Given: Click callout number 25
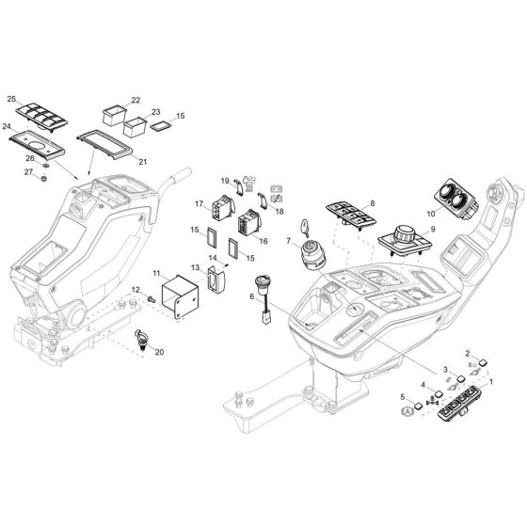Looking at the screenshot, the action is pyautogui.click(x=11, y=99).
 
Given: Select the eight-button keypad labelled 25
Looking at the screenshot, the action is pyautogui.click(x=41, y=117).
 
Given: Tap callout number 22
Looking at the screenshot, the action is pyautogui.click(x=136, y=100).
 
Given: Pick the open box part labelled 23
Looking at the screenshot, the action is pyautogui.click(x=135, y=126).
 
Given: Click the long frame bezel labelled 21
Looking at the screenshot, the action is pyautogui.click(x=104, y=145).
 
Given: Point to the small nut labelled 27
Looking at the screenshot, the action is pyautogui.click(x=43, y=178).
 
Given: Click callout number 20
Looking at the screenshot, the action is pyautogui.click(x=159, y=352).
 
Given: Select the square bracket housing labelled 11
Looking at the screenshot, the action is pyautogui.click(x=181, y=296).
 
